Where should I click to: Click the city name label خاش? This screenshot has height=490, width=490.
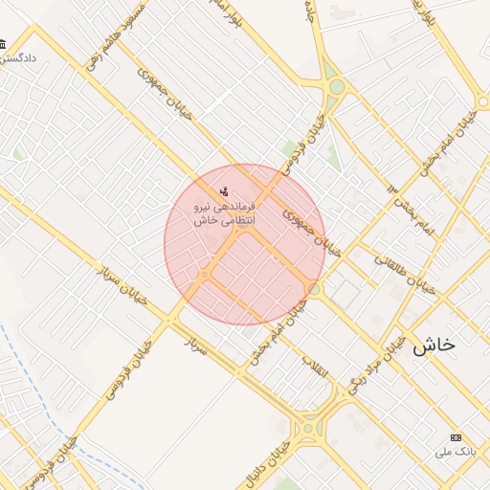tap(434, 346)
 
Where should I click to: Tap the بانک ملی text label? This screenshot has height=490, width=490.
tap(456, 450)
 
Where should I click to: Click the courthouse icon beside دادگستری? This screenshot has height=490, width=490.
tap(3, 44)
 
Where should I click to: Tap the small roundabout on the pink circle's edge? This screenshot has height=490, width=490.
tap(315, 288)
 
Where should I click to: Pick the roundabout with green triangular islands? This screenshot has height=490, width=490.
tap(336, 87)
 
